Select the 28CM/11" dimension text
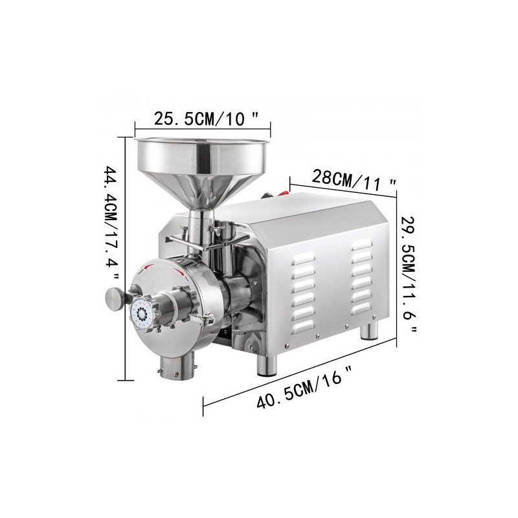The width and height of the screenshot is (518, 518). coord(354,177)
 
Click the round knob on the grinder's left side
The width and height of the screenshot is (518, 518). coord(115,298)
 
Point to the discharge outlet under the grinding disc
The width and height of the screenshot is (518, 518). coord(175,368)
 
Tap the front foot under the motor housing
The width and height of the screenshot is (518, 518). coord(266,365)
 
